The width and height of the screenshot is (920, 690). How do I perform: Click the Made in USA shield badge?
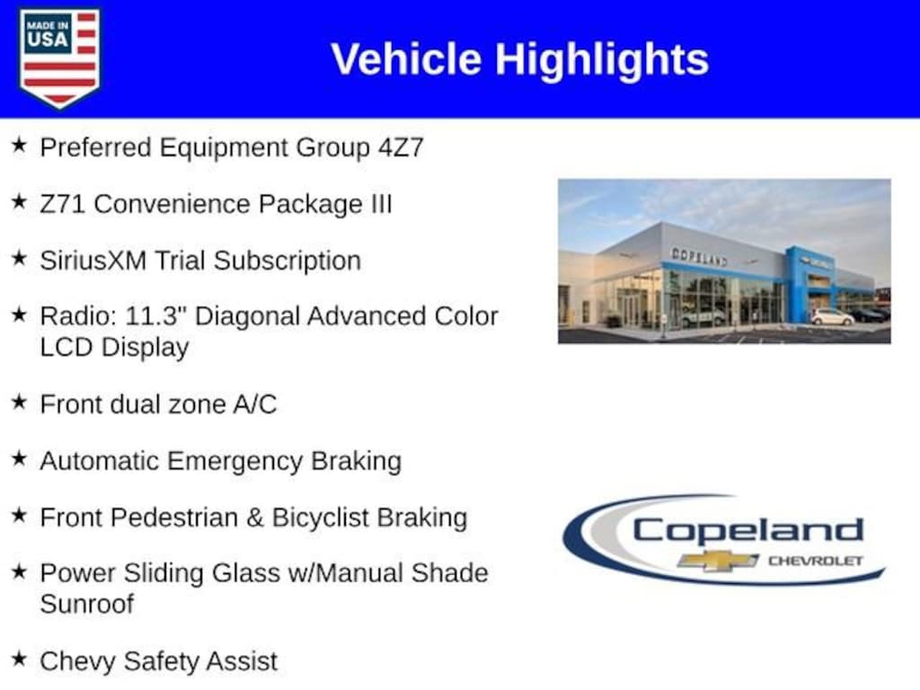59,57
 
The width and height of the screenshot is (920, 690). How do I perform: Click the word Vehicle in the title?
406,58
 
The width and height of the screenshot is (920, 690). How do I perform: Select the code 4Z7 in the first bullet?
401,146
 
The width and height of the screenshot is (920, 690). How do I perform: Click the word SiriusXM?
93,261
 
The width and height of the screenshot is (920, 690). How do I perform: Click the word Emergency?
234,462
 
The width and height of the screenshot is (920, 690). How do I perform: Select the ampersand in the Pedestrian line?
254,517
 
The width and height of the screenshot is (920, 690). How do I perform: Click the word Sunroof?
87,604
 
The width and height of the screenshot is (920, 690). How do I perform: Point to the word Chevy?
77,662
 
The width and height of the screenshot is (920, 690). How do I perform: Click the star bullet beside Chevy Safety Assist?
19,659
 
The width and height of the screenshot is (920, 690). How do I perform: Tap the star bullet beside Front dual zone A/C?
19,402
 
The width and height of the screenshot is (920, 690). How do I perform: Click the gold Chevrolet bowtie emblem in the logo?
717,561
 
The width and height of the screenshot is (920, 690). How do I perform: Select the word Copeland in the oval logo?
747,530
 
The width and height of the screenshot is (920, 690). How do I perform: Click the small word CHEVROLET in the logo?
816,561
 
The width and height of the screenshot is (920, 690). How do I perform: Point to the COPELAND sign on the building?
699,257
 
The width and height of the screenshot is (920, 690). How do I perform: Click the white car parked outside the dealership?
831,317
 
